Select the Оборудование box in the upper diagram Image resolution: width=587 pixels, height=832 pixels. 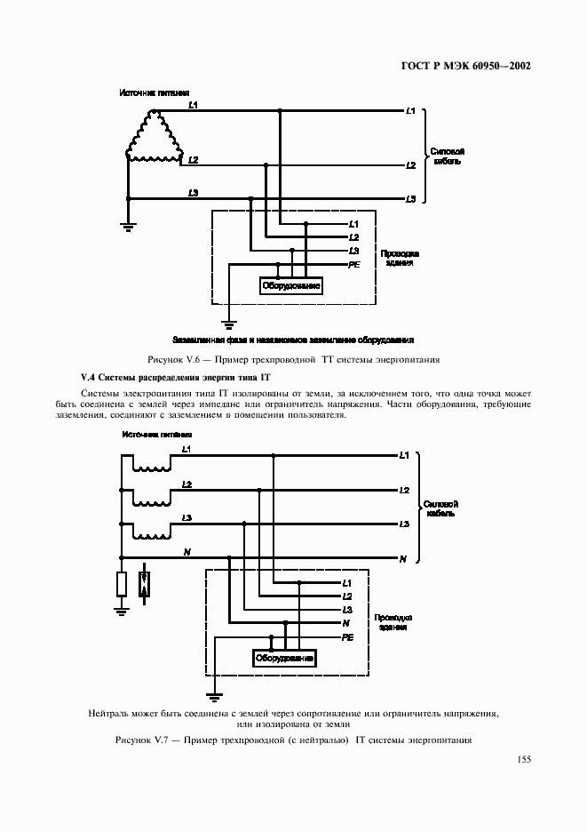[290, 285]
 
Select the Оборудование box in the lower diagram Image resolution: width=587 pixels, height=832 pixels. [285, 659]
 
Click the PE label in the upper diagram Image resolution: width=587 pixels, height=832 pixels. [354, 265]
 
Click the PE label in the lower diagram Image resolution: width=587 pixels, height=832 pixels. [348, 638]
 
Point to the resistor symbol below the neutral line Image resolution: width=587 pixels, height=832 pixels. [121, 583]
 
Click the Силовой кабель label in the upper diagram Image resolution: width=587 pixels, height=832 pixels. [448, 156]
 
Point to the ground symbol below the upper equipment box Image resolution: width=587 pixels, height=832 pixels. [229, 325]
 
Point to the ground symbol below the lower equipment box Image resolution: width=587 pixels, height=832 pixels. [213, 695]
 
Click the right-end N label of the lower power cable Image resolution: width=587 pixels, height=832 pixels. [402, 559]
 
